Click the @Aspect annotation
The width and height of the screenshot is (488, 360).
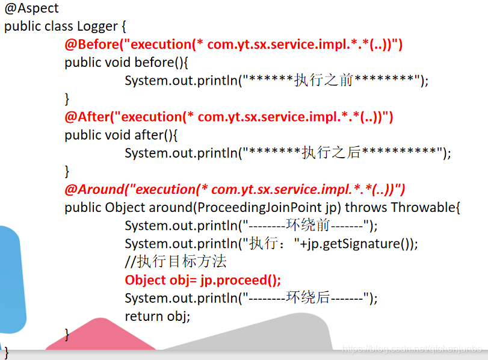click(32, 9)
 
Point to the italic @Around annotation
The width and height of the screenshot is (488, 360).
click(94, 190)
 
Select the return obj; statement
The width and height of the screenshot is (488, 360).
click(158, 316)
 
